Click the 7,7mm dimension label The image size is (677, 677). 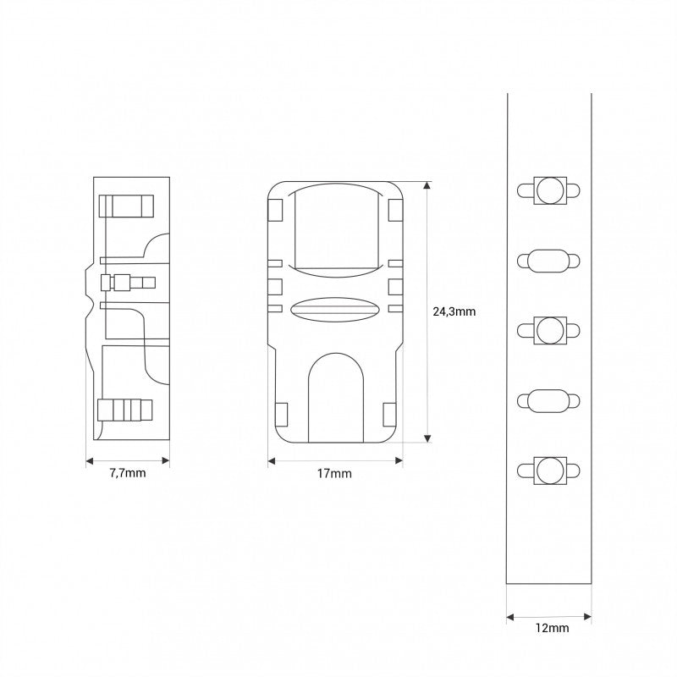[x=128, y=473]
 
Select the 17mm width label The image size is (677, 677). [x=334, y=473]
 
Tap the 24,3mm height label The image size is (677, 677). [x=454, y=311]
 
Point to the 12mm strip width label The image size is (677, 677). [x=553, y=628]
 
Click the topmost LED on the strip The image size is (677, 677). [x=549, y=191]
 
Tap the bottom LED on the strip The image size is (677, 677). [x=549, y=471]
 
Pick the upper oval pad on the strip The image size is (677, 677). [x=549, y=261]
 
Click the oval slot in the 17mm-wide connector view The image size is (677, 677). [x=334, y=310]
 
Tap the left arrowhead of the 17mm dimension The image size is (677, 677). [x=272, y=460]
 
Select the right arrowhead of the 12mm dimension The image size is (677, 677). [x=586, y=615]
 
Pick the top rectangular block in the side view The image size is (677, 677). [x=127, y=206]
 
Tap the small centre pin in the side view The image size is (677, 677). [x=127, y=282]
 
